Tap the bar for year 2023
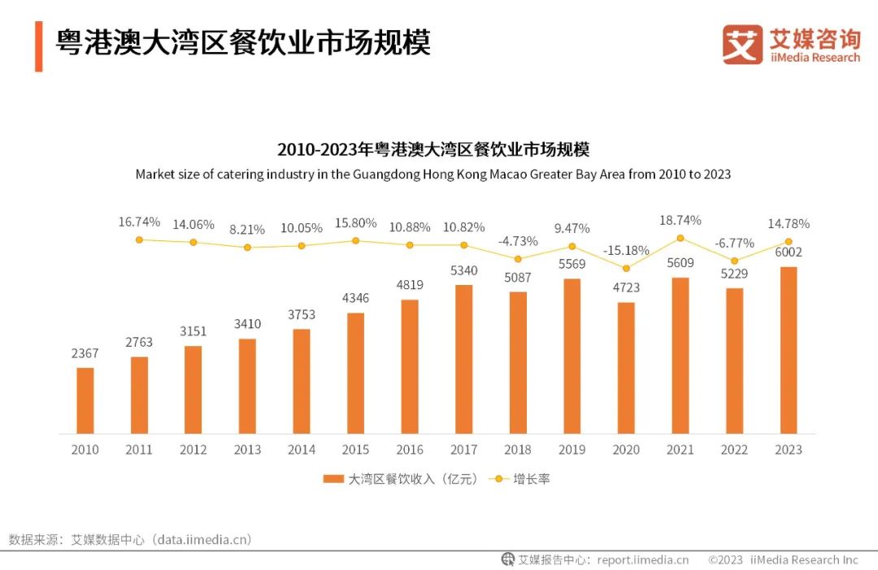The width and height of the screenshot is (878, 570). (x=788, y=350)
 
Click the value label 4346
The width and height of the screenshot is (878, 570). (x=354, y=298)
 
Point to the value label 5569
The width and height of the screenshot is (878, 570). (x=572, y=264)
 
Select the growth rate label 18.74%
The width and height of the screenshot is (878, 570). (x=680, y=219)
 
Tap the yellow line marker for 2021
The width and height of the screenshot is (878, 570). (x=680, y=238)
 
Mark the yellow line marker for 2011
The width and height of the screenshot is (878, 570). (x=139, y=240)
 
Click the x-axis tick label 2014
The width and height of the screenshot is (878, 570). (x=301, y=450)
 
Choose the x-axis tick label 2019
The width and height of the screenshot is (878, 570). (x=572, y=450)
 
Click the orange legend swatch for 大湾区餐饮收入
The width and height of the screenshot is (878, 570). (x=333, y=479)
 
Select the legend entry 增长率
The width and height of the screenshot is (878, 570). (x=531, y=479)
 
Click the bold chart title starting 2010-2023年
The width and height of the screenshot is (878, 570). (x=432, y=149)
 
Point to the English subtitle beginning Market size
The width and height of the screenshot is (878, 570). (x=432, y=174)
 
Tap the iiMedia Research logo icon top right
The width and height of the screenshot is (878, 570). (x=742, y=45)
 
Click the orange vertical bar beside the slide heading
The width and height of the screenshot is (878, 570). (x=38, y=46)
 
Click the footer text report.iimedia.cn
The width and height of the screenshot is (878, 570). (x=642, y=559)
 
